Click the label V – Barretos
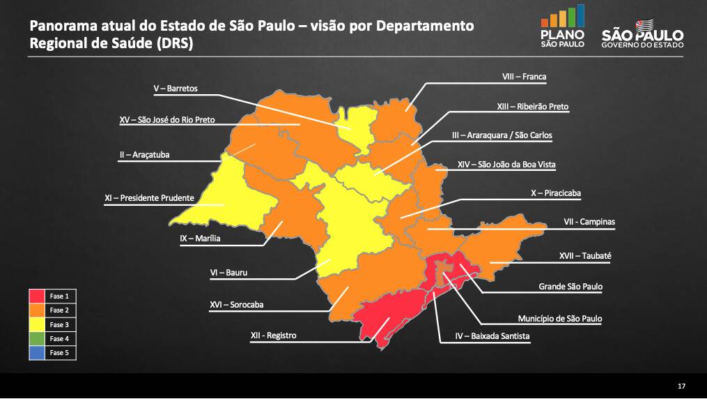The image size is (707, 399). pos(176,89)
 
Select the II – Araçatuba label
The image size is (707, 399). pos(145,155)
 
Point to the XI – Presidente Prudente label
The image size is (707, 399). pos(149,198)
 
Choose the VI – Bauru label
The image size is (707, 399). pos(228,273)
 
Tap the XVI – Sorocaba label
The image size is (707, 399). pos(236,305)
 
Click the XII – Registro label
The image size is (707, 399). pos(273,336)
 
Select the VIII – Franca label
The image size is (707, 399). pos(524,77)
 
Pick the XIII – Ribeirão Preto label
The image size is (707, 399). pos(532,107)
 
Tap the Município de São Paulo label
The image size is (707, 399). pos(559,319)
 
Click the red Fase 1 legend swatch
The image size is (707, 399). pos(38,296)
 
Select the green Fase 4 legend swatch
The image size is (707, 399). pos(38,339)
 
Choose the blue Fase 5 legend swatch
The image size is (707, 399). pos(38,353)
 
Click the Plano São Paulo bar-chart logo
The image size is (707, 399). pos(562,27)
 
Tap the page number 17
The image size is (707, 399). pos(681,386)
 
